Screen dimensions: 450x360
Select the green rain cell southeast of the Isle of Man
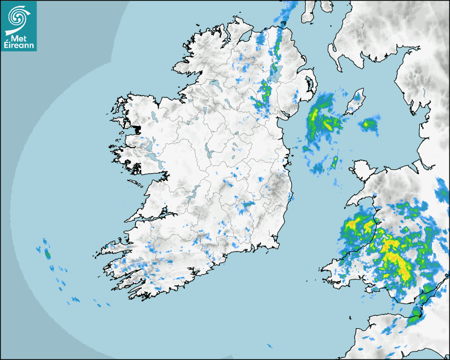tap(368, 125)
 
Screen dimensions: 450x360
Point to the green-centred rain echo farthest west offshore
tap(47, 255)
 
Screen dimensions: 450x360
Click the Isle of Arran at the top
tap(307, 12)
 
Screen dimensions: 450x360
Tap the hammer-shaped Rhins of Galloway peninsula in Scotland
tap(334, 53)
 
